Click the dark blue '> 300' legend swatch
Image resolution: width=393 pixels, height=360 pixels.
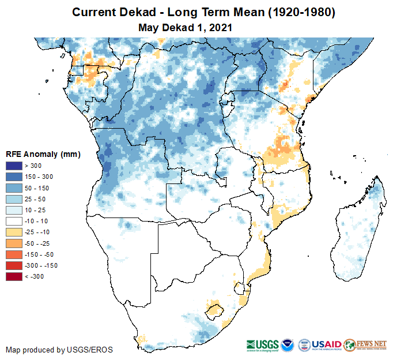click(x=13, y=166)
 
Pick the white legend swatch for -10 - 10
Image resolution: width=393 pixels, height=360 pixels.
click(x=13, y=221)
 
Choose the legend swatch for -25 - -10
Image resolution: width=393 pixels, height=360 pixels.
click(x=13, y=231)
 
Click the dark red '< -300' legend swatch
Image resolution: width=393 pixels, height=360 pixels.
click(x=13, y=276)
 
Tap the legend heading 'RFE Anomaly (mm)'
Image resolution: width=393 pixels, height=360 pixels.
click(x=43, y=154)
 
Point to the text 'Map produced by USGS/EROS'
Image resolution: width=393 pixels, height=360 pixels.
click(x=59, y=350)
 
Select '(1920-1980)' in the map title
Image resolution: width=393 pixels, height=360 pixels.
click(x=296, y=12)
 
